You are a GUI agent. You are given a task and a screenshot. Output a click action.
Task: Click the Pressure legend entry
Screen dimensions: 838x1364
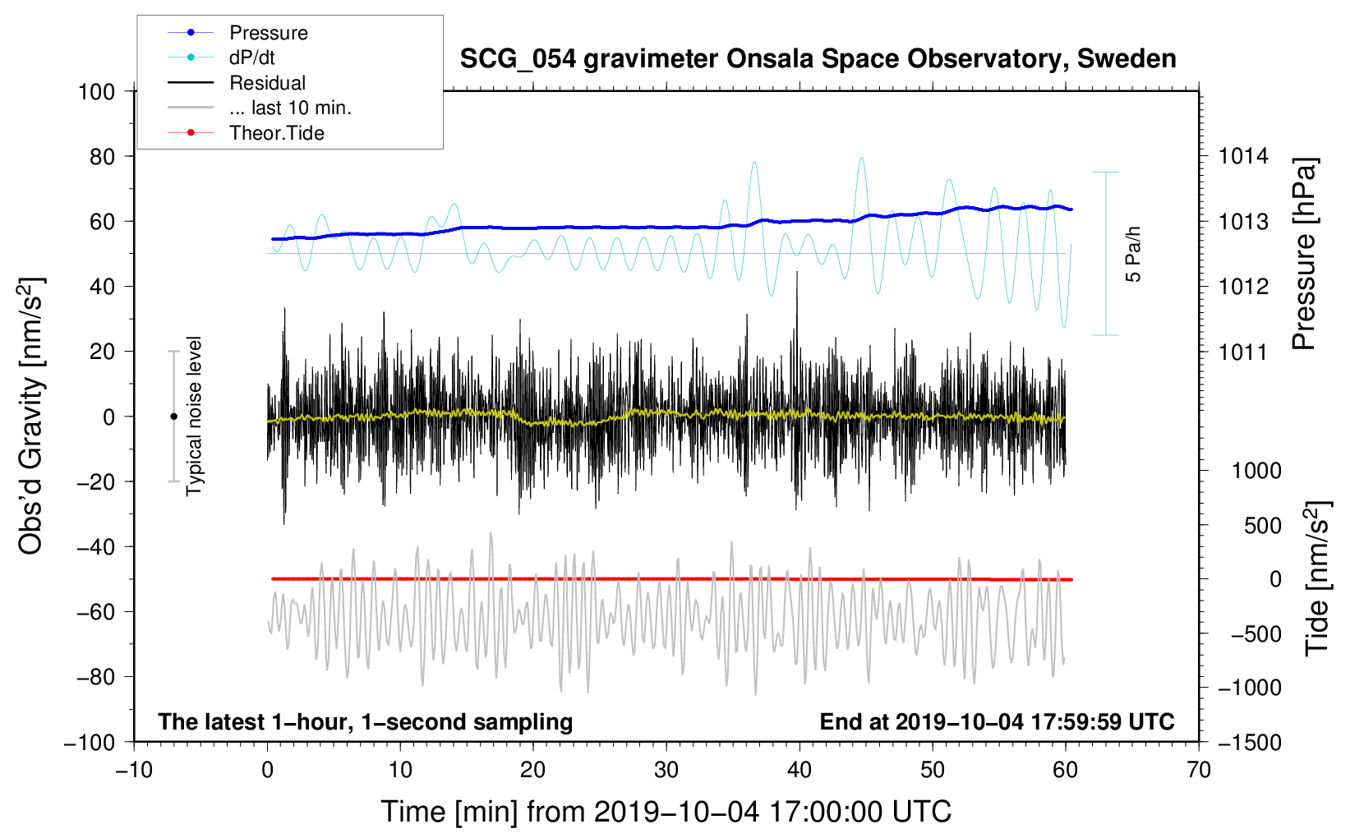tap(268, 33)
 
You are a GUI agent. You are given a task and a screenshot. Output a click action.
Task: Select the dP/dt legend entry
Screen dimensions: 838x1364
tap(251, 58)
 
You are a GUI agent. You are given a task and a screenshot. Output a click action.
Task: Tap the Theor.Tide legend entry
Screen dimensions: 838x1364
tap(276, 133)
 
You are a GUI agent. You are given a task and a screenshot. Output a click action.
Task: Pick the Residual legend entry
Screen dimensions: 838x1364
tap(267, 83)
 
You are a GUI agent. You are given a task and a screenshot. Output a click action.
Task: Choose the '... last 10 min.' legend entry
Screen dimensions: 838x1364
tap(290, 108)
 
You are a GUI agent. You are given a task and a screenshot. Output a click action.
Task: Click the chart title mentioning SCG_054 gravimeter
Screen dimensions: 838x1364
tap(818, 59)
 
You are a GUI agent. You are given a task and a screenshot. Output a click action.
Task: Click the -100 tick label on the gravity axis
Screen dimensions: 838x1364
tap(90, 742)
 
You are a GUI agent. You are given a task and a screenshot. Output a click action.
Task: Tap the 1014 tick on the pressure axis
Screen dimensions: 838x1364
tap(1243, 156)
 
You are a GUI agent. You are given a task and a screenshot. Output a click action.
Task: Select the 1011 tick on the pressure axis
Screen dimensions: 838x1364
tap(1243, 352)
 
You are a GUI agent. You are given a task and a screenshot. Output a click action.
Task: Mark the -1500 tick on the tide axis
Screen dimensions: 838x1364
tap(1250, 742)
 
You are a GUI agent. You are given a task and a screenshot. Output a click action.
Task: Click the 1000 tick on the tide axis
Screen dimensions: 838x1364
tap(1256, 471)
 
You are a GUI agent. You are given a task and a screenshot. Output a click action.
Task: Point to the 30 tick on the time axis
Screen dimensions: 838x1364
tap(666, 770)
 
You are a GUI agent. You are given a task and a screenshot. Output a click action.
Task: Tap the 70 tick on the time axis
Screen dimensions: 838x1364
tap(1199, 770)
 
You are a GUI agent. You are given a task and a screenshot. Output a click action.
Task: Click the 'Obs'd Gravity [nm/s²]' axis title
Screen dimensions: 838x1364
tap(31, 416)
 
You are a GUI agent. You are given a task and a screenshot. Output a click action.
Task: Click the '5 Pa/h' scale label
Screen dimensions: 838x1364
tap(1133, 254)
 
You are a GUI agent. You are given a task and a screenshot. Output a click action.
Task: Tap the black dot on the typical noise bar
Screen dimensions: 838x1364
tap(173, 417)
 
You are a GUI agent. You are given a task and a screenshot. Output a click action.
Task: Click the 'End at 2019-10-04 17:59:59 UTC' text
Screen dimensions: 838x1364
tap(997, 721)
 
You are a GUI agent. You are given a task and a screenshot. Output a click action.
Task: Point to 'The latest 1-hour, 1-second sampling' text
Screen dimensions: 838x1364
tap(366, 721)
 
